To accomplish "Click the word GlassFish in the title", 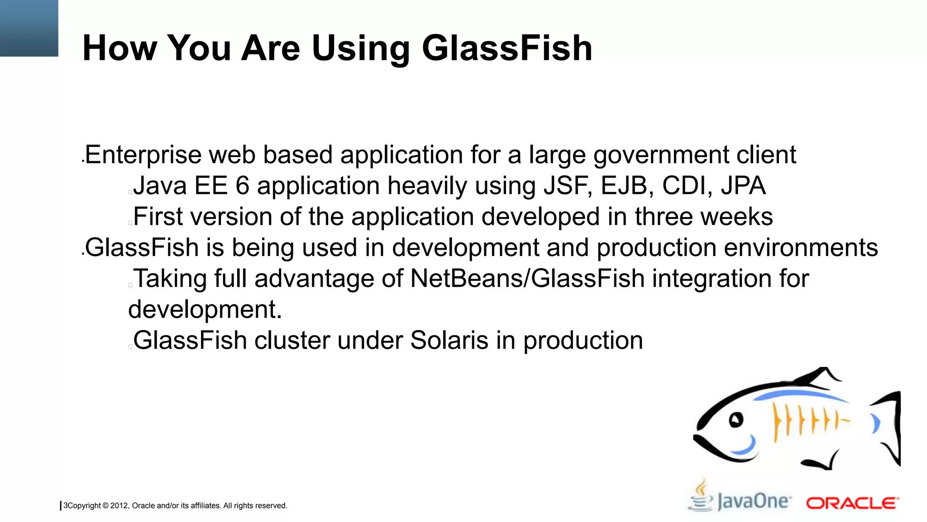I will [x=507, y=48].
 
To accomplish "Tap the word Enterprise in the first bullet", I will [x=143, y=155].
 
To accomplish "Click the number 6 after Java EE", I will [x=242, y=186].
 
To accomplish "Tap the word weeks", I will [x=736, y=217].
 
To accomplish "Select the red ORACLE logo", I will [x=852, y=503].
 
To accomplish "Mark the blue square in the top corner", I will [x=29, y=28].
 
